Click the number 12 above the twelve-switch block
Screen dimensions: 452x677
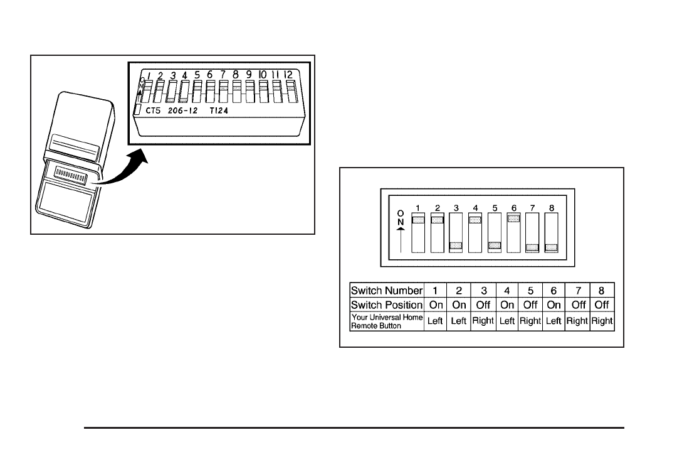[x=288, y=75]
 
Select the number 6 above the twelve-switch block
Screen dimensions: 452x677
[x=210, y=75]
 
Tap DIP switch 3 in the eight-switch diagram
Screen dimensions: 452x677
[x=456, y=232]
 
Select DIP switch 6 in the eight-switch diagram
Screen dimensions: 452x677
[x=513, y=232]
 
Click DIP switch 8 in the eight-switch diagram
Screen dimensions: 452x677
[x=551, y=232]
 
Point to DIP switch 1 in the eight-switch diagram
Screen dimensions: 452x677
[x=417, y=232]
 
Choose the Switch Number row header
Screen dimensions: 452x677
[x=387, y=290]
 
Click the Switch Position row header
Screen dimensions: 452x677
[x=387, y=305]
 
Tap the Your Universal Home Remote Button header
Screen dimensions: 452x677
[x=387, y=321]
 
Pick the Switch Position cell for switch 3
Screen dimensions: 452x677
[x=483, y=305]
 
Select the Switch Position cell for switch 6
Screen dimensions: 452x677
[x=554, y=305]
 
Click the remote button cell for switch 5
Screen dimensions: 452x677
[x=530, y=321]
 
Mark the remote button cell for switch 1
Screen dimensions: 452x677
[x=435, y=321]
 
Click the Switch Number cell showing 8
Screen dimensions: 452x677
[x=602, y=290]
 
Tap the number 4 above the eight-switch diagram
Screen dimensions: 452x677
[x=475, y=207]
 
